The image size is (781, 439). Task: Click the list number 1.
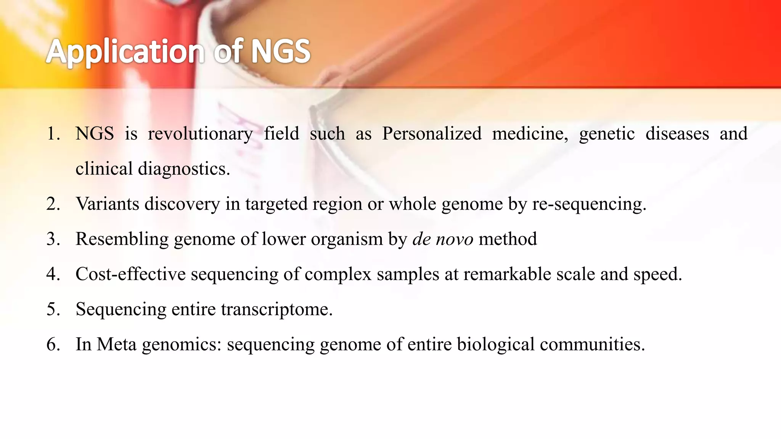tap(53, 134)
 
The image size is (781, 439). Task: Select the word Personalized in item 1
tap(432, 134)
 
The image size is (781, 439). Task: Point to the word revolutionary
tap(200, 134)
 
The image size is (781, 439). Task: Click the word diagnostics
tap(184, 169)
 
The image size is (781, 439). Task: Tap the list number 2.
tap(53, 204)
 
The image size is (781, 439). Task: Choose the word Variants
tap(108, 204)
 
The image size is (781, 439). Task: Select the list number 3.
tap(53, 239)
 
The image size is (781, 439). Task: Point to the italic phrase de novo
tap(443, 239)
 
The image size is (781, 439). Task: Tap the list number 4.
tap(53, 274)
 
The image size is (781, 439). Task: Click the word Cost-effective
tap(130, 274)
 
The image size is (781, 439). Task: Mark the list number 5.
tap(53, 309)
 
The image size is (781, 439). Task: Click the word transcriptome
tap(277, 309)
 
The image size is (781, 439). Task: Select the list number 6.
tap(53, 344)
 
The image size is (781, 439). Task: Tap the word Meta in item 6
tap(116, 344)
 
